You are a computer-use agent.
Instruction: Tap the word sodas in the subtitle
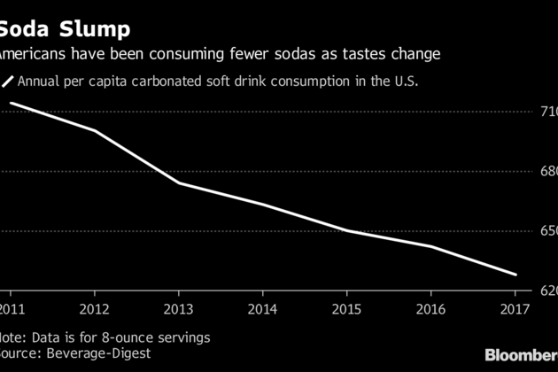[299, 54]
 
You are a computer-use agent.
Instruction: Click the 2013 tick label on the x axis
[178, 309]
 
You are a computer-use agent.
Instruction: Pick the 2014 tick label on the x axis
[262, 309]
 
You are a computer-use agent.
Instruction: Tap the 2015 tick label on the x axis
[346, 309]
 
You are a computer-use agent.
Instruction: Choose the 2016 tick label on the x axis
[430, 309]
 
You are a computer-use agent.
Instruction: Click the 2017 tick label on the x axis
[514, 309]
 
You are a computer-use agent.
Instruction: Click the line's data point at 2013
[178, 182]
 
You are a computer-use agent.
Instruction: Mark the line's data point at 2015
[346, 230]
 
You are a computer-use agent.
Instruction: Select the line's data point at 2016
[430, 246]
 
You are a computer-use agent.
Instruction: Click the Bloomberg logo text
[523, 354]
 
